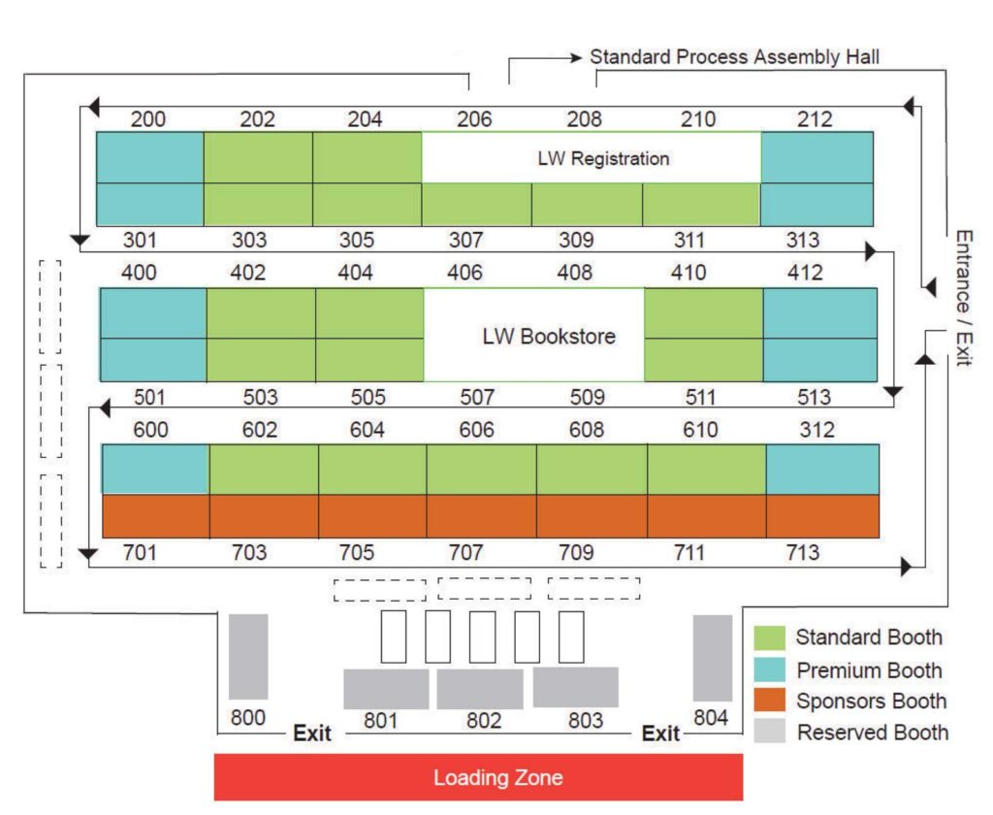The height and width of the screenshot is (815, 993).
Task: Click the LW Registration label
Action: pos(603,158)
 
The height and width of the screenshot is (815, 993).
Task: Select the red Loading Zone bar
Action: pos(478,777)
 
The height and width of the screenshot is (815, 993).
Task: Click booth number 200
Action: pos(148,119)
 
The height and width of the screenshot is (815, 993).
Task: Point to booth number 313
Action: pos(802,241)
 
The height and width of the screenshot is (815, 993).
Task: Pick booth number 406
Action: pos(464,273)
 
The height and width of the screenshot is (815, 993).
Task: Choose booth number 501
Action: pos(149,398)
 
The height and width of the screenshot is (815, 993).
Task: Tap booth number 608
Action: pos(587,430)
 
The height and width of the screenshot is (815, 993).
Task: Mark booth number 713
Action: pos(802,553)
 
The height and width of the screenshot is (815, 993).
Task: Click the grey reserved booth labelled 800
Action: pos(248,657)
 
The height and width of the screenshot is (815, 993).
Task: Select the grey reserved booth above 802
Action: pos(480,689)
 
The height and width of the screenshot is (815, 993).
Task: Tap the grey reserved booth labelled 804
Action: pos(713,658)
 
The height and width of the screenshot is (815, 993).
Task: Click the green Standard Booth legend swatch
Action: pos(769,637)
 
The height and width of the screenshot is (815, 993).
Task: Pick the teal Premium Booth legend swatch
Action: pos(769,669)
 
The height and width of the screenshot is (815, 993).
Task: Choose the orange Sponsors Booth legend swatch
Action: pos(769,701)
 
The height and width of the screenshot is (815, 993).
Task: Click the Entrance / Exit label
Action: pos(963,298)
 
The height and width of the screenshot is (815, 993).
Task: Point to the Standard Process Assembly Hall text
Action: pos(735,57)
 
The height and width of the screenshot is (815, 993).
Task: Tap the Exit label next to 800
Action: pos(312,733)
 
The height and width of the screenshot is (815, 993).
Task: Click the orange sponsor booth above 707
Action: pos(481,516)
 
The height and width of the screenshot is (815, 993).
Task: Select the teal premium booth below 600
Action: pos(155,469)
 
